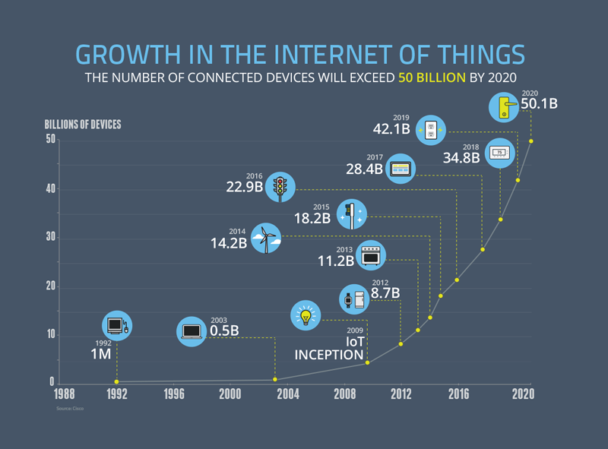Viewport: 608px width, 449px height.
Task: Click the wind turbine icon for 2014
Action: (265, 239)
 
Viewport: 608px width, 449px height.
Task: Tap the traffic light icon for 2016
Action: (281, 186)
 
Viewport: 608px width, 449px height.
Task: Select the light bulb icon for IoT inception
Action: (306, 315)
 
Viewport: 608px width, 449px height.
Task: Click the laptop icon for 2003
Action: (192, 330)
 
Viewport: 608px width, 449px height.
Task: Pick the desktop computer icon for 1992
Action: (116, 325)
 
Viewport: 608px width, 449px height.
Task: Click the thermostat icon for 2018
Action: (499, 153)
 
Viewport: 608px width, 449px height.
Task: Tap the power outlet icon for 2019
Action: (431, 129)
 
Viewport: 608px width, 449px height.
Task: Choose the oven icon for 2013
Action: (371, 256)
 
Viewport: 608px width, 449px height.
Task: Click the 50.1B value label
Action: (539, 103)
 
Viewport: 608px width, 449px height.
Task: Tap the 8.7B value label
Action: (385, 292)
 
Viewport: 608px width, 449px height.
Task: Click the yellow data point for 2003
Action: (275, 379)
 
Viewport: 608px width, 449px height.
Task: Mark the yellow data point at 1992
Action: (116, 381)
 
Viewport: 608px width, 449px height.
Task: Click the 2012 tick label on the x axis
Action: (401, 395)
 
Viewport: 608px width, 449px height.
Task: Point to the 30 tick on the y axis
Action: (50, 238)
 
